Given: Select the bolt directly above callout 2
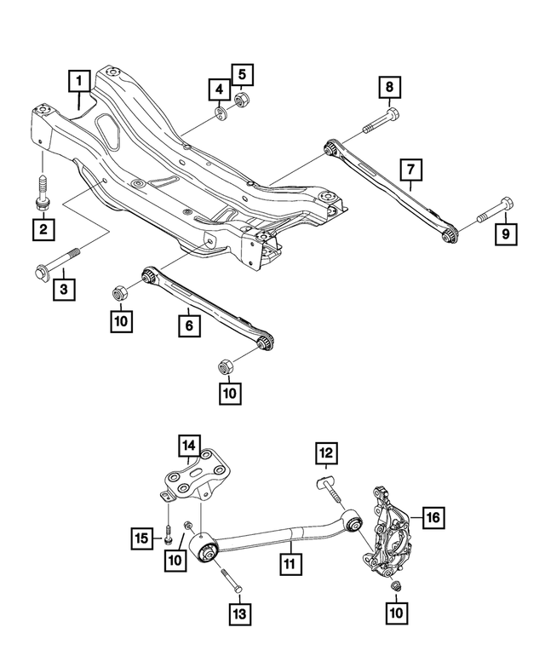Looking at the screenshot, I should coord(41,191).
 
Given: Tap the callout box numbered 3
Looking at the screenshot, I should coord(65,290).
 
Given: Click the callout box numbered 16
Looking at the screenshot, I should coord(433,516).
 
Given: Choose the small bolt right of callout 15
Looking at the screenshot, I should coord(169,536).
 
